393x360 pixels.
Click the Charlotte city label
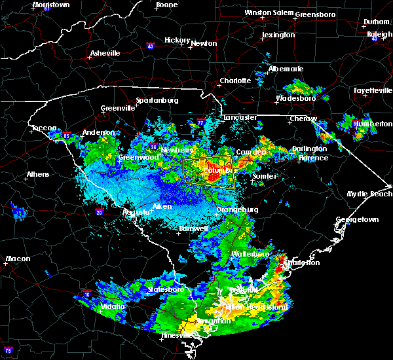pos(235,81)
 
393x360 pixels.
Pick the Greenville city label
pos(117,109)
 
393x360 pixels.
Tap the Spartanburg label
pos(157,100)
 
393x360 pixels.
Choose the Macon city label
pos(18,259)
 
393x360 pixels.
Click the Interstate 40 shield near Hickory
pos(150,46)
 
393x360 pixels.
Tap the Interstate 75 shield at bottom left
pos(8,351)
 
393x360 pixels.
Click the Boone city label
pos(166,5)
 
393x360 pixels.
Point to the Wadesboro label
pos(296,98)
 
